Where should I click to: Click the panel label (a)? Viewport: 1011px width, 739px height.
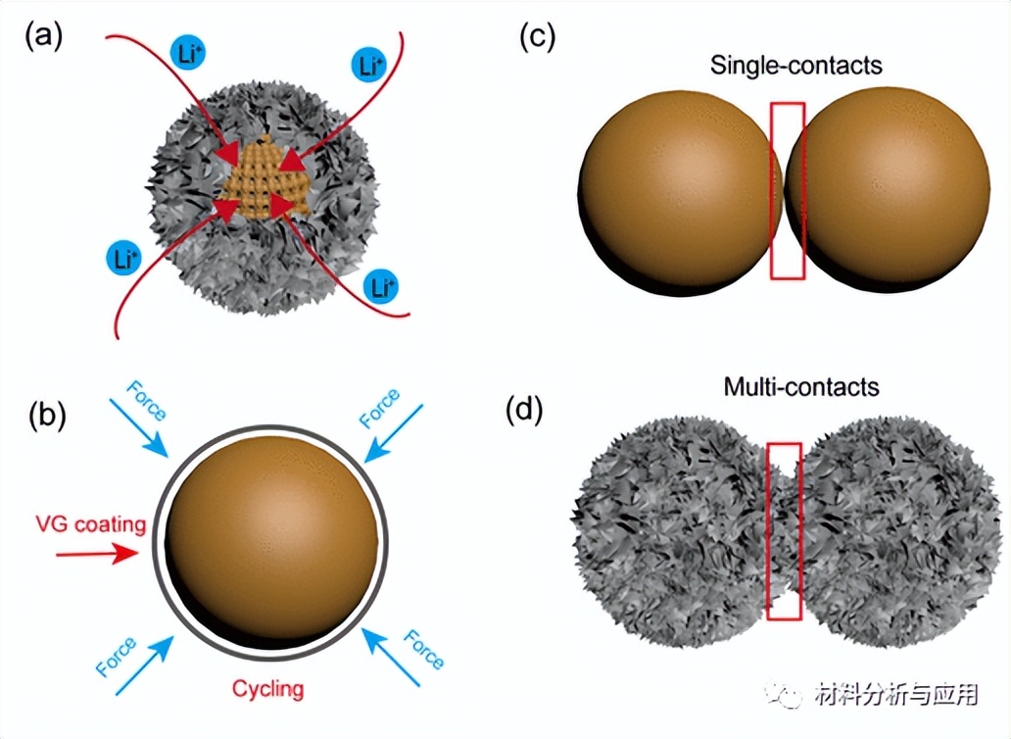tap(44, 36)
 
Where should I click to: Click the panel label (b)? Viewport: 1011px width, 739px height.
tap(44, 416)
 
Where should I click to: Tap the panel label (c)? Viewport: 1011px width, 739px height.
tap(537, 36)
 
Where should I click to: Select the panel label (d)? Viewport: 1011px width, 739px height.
tap(524, 409)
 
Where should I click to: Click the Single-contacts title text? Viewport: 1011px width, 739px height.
tap(796, 66)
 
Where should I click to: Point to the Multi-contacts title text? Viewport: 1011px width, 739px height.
tap(801, 386)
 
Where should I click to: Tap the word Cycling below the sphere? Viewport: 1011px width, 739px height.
tap(267, 689)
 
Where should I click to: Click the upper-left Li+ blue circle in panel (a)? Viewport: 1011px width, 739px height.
tap(187, 55)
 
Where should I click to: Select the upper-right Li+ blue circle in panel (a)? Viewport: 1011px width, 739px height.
tap(368, 67)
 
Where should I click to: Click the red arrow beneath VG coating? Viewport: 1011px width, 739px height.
tap(97, 554)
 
